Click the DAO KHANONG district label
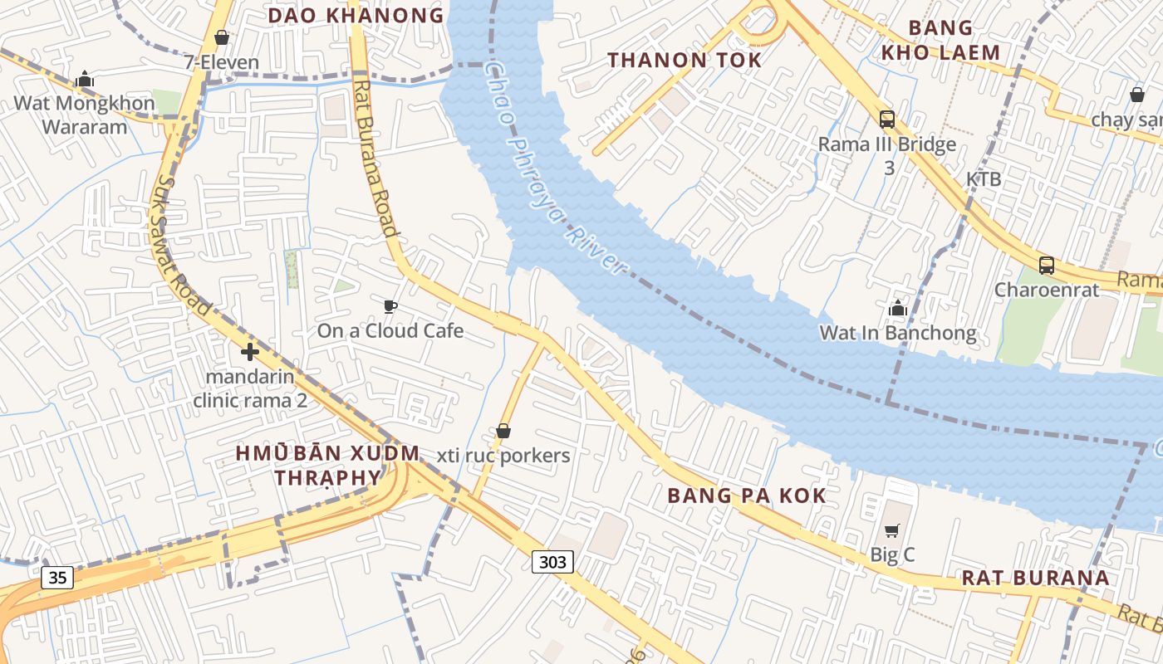[x=356, y=15]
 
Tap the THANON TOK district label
[x=684, y=60]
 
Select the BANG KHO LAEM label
[x=940, y=40]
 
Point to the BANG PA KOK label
[x=747, y=496]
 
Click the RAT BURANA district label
[x=1035, y=578]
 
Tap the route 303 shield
[x=552, y=562]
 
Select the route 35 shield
[x=57, y=577]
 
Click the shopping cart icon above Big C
[x=892, y=530]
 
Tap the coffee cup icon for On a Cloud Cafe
[x=390, y=307]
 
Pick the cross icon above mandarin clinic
[x=249, y=352]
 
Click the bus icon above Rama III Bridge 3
[x=887, y=120]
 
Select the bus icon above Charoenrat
[x=1047, y=266]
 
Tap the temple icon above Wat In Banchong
[x=897, y=309]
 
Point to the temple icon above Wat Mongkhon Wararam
[x=84, y=80]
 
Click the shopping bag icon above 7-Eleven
[x=222, y=37]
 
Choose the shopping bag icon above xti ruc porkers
[x=503, y=431]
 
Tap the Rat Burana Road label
[x=375, y=158]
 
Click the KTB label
[x=983, y=179]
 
